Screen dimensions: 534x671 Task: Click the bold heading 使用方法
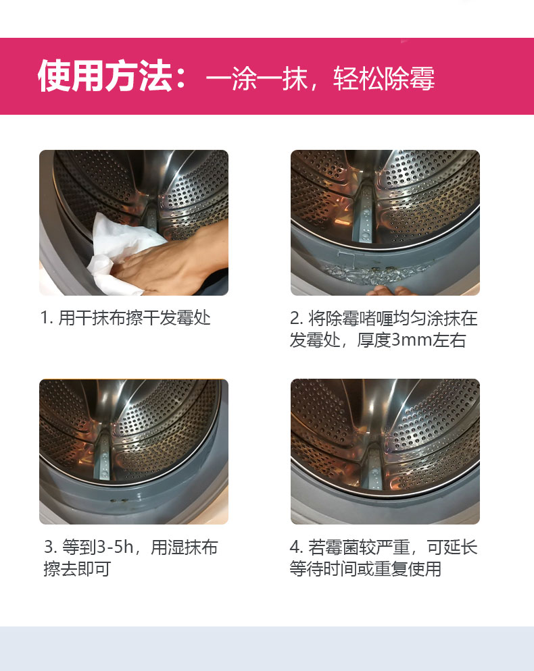click(x=105, y=76)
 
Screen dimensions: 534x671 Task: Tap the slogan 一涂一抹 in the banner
click(x=257, y=79)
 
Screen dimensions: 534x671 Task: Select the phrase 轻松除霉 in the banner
click(x=384, y=79)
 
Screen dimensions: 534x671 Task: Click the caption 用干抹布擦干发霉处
click(x=134, y=318)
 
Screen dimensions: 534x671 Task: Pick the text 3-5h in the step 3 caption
click(x=116, y=547)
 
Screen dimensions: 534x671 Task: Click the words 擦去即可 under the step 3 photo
click(x=77, y=568)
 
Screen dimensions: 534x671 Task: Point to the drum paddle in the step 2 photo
click(x=364, y=214)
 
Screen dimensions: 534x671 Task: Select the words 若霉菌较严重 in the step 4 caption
click(x=359, y=547)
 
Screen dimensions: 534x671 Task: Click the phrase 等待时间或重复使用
click(x=366, y=568)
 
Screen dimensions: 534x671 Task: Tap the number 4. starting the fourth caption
click(x=296, y=547)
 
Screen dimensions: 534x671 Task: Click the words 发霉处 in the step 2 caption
click(x=315, y=340)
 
